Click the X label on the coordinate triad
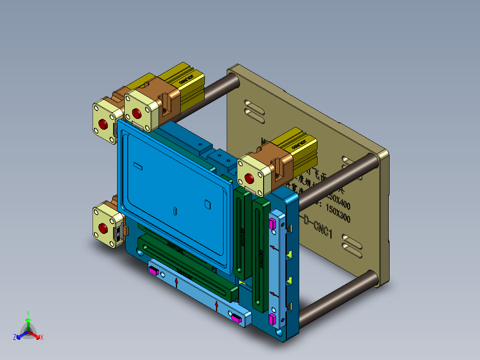pos(41,338)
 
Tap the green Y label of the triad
pos(28,313)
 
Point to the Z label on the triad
pos(15,338)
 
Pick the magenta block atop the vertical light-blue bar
pos(273,223)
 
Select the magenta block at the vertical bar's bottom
pos(273,319)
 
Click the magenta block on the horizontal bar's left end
pos(154,270)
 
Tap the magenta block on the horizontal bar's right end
pos(236,318)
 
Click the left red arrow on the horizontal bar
pos(177,282)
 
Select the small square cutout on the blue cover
pos(207,204)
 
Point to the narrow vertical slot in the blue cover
pos(175,211)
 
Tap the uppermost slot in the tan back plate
pos(253,106)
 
